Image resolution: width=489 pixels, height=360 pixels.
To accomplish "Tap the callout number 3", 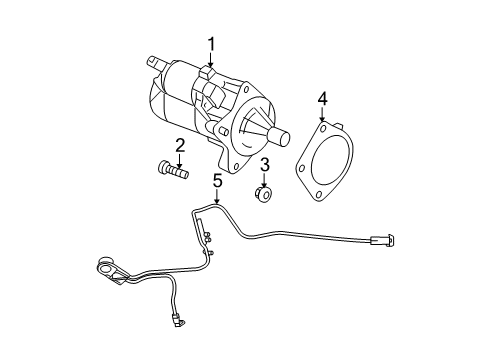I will point(265,165).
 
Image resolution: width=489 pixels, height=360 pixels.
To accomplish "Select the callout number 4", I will point(322,98).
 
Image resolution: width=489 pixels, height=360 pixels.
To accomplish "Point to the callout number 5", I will point(216,180).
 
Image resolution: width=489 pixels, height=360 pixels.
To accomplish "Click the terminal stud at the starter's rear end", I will point(155,61).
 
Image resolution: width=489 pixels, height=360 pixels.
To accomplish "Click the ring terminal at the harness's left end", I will point(102,267).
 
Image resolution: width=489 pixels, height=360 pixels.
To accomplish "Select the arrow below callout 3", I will point(265,179).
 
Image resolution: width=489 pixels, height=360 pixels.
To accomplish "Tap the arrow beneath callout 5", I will point(216,197).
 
